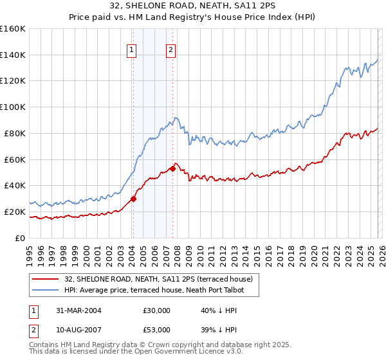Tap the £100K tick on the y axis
click(12, 107)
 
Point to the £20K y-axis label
click(15, 212)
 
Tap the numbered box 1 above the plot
click(132, 50)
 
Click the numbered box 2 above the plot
click(171, 50)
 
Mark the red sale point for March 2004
click(134, 199)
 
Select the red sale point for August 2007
click(172, 168)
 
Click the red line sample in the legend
click(46, 279)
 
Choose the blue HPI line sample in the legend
click(46, 290)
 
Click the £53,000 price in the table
click(157, 330)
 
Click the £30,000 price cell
click(157, 310)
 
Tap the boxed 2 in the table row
click(33, 330)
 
